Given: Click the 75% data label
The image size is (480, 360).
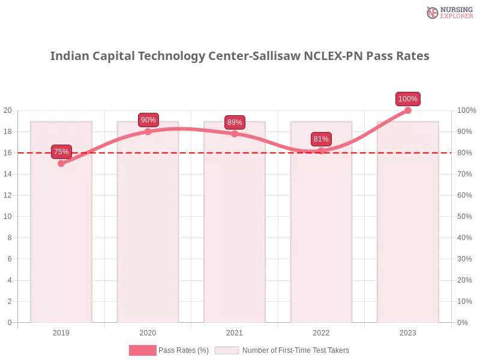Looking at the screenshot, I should [x=61, y=152].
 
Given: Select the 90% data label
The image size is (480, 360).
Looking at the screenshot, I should [x=148, y=120].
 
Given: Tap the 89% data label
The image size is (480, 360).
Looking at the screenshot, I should [x=235, y=122].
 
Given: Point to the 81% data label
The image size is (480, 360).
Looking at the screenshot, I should [x=321, y=139].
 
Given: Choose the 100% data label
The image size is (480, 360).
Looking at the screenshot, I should [x=408, y=99].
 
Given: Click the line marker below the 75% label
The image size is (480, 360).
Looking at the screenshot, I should [x=61, y=163].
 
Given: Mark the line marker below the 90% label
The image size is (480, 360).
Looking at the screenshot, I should [x=148, y=131].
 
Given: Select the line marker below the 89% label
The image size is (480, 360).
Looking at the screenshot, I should [x=235, y=134].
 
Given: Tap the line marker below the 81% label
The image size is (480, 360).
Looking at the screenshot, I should [x=321, y=151].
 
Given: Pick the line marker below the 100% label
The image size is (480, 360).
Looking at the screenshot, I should [x=408, y=110].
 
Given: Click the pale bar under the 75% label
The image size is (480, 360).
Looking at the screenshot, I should [x=62, y=240].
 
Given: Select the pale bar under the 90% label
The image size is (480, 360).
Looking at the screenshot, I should [x=149, y=240].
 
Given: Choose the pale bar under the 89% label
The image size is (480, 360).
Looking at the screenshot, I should [x=235, y=240].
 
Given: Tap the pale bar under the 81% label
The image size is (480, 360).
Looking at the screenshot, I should [x=322, y=240].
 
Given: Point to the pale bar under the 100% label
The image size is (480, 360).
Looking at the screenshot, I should [x=408, y=240].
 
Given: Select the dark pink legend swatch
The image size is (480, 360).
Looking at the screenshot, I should [x=142, y=350].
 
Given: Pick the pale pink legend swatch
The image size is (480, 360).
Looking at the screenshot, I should [x=227, y=350].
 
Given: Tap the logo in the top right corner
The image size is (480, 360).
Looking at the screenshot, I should [x=448, y=12].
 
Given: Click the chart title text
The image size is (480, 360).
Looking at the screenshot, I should [x=240, y=56].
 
